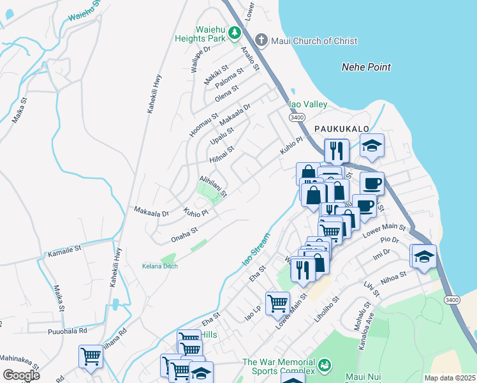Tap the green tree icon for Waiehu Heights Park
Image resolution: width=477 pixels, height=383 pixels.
[x=235, y=32]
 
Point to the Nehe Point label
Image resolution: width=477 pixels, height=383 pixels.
[x=366, y=67]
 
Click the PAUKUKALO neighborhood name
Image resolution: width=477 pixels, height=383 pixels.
[x=342, y=129]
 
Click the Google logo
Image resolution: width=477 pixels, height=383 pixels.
[x=22, y=375]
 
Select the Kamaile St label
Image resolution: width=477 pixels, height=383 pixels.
[x=65, y=250]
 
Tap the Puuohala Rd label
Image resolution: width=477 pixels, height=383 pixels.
[x=67, y=331]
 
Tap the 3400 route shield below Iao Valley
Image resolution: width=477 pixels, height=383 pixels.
[x=296, y=117]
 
